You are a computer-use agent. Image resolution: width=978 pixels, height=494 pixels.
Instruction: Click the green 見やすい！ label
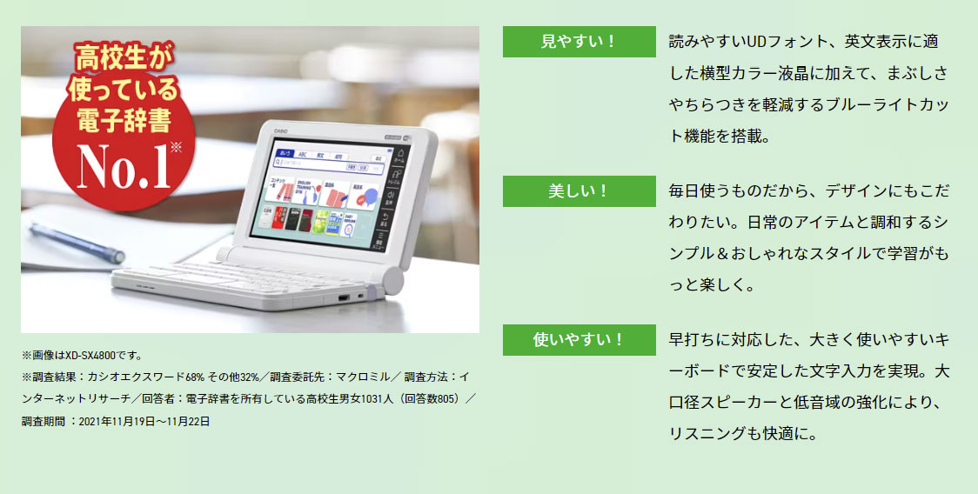pyautogui.click(x=579, y=42)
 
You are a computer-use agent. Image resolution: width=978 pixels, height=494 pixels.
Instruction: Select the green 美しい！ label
pyautogui.click(x=579, y=191)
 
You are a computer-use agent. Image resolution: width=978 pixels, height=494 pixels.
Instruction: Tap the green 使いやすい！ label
pyautogui.click(x=579, y=340)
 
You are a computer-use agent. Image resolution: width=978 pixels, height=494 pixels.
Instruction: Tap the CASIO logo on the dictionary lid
pyautogui.click(x=281, y=130)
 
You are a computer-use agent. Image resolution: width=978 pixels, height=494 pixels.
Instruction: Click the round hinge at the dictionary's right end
pyautogui.click(x=392, y=282)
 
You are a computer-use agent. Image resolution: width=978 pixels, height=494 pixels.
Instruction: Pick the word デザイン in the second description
pyautogui.click(x=809, y=190)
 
